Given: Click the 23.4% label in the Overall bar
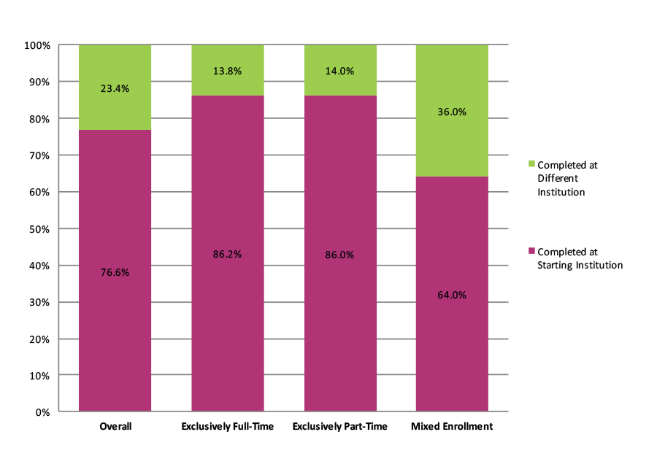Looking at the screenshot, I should point(115,88).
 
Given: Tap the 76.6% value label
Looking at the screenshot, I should point(115,272).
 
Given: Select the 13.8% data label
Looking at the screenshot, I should point(227,71).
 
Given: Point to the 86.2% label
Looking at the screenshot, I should point(227,255).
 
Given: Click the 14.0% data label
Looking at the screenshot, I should point(339,71).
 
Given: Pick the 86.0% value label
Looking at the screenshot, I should point(339,255).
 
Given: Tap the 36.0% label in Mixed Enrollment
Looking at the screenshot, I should point(452,112).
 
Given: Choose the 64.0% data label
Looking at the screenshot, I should point(452,295).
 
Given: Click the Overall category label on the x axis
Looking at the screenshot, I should point(115,426).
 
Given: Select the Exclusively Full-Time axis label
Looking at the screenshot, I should point(227,426).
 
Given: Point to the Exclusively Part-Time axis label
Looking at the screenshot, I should point(339,426).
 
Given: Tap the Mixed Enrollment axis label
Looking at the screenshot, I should point(452,426).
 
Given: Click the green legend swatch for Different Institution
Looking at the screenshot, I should point(531,165).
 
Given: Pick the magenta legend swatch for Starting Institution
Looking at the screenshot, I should point(531,252).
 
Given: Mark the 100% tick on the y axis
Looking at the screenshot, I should point(37,45).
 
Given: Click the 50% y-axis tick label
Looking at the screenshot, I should point(39,229).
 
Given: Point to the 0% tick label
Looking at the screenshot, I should point(42,412).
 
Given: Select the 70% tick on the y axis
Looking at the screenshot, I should point(39,155).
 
